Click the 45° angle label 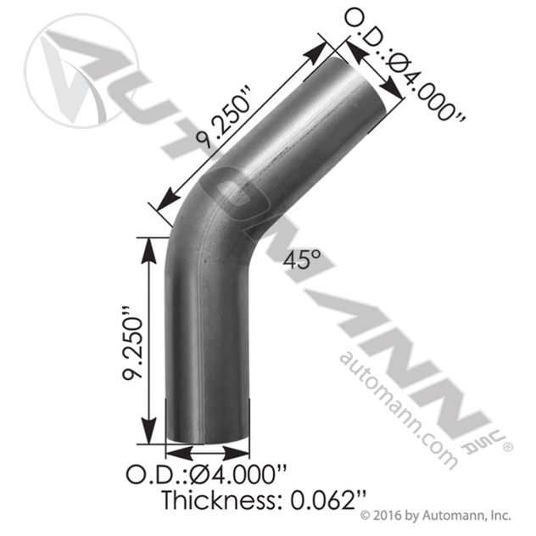(302, 260)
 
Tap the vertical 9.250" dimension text (132, 347)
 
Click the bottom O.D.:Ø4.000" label (206, 473)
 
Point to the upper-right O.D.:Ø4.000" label (405, 65)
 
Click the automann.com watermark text (399, 410)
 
